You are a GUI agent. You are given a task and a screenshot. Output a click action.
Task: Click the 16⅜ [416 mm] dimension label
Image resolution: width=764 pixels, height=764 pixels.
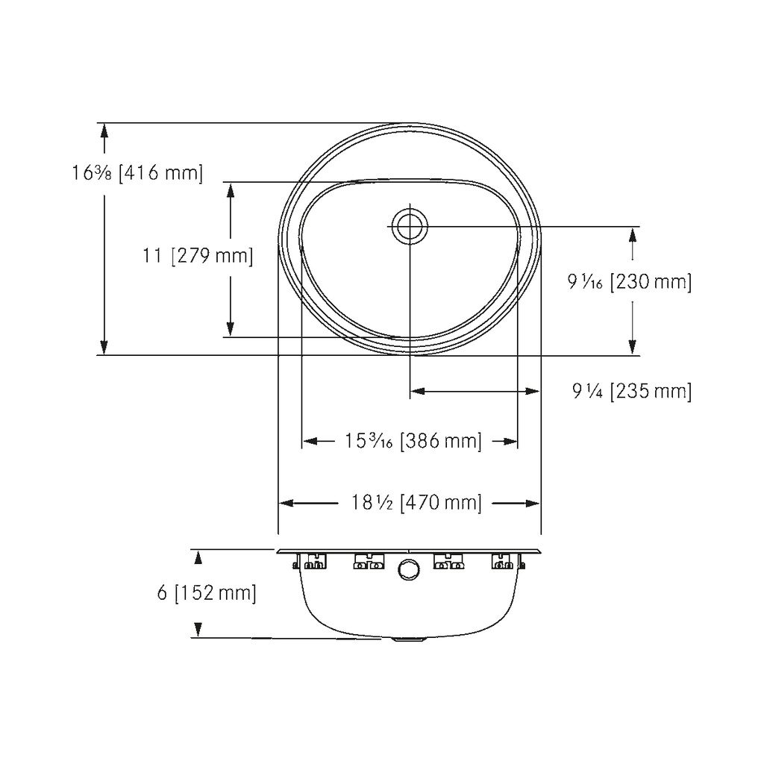click(x=137, y=172)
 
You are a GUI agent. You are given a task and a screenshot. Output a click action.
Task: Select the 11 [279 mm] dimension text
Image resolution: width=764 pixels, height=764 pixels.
click(x=198, y=255)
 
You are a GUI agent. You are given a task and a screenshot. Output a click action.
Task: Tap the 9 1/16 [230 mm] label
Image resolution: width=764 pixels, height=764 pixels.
click(x=630, y=281)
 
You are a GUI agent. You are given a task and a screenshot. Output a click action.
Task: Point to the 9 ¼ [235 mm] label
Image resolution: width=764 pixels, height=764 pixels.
click(x=632, y=391)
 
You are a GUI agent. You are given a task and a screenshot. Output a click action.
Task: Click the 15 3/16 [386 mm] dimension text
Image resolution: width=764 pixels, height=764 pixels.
click(x=413, y=441)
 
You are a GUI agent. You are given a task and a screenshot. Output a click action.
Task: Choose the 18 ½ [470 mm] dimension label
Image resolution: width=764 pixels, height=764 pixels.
click(x=416, y=502)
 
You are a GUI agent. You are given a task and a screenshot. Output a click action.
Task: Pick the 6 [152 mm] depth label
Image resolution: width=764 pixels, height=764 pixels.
click(x=207, y=592)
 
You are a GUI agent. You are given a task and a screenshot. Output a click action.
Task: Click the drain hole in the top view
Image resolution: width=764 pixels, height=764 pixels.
click(x=410, y=227)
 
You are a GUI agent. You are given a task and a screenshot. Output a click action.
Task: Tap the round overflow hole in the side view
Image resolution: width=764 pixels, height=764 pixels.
click(x=409, y=569)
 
